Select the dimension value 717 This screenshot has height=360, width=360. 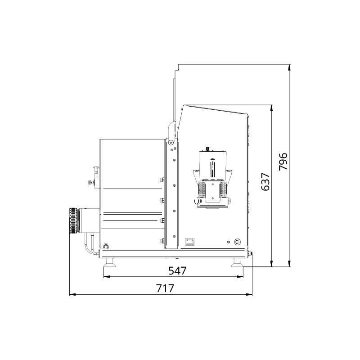(x=165, y=288)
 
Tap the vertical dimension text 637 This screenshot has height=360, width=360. (x=265, y=181)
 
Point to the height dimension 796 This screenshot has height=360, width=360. (x=283, y=162)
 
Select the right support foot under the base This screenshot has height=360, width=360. (x=238, y=264)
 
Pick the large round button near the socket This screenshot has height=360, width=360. (x=237, y=242)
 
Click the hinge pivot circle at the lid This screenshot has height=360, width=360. (x=171, y=143)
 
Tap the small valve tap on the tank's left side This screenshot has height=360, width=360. (x=94, y=173)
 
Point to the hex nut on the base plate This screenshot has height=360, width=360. (x=106, y=246)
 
